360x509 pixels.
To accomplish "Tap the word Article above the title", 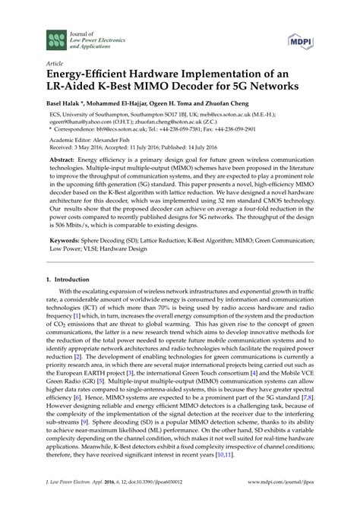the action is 54,65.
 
